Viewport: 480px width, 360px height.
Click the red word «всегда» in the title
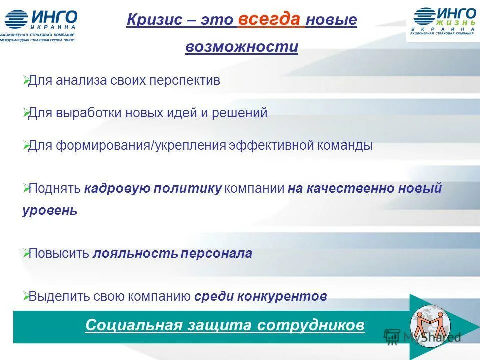coord(269,19)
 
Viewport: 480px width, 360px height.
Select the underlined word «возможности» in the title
coord(241,47)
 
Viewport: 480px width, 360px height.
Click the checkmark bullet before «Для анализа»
coord(26,80)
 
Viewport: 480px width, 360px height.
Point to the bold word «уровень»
coord(50,210)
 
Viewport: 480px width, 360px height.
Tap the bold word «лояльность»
coord(135,253)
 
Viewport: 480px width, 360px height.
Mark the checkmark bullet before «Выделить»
coord(26,296)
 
